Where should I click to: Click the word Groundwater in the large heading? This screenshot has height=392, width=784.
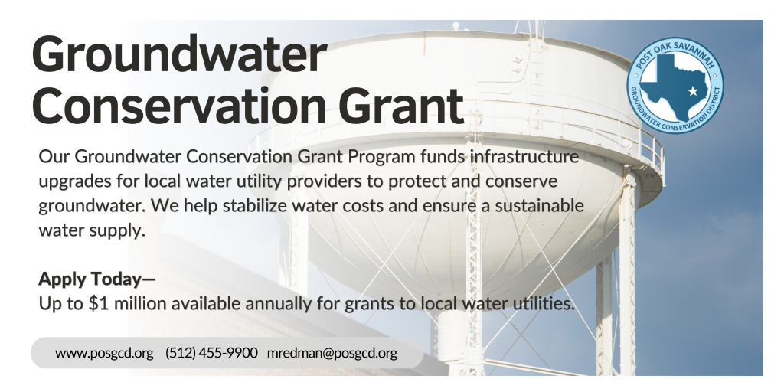179,55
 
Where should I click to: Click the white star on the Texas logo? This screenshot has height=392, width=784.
692,91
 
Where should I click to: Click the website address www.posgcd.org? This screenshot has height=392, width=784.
104,353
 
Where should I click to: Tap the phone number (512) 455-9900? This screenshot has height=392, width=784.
211,353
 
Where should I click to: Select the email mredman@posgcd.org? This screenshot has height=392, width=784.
332,353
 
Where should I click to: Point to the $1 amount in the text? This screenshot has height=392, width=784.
99,303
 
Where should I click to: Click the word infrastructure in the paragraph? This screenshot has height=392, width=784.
524,156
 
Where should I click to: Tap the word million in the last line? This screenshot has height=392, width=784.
140,303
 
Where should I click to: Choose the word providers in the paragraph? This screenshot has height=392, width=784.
325,182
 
